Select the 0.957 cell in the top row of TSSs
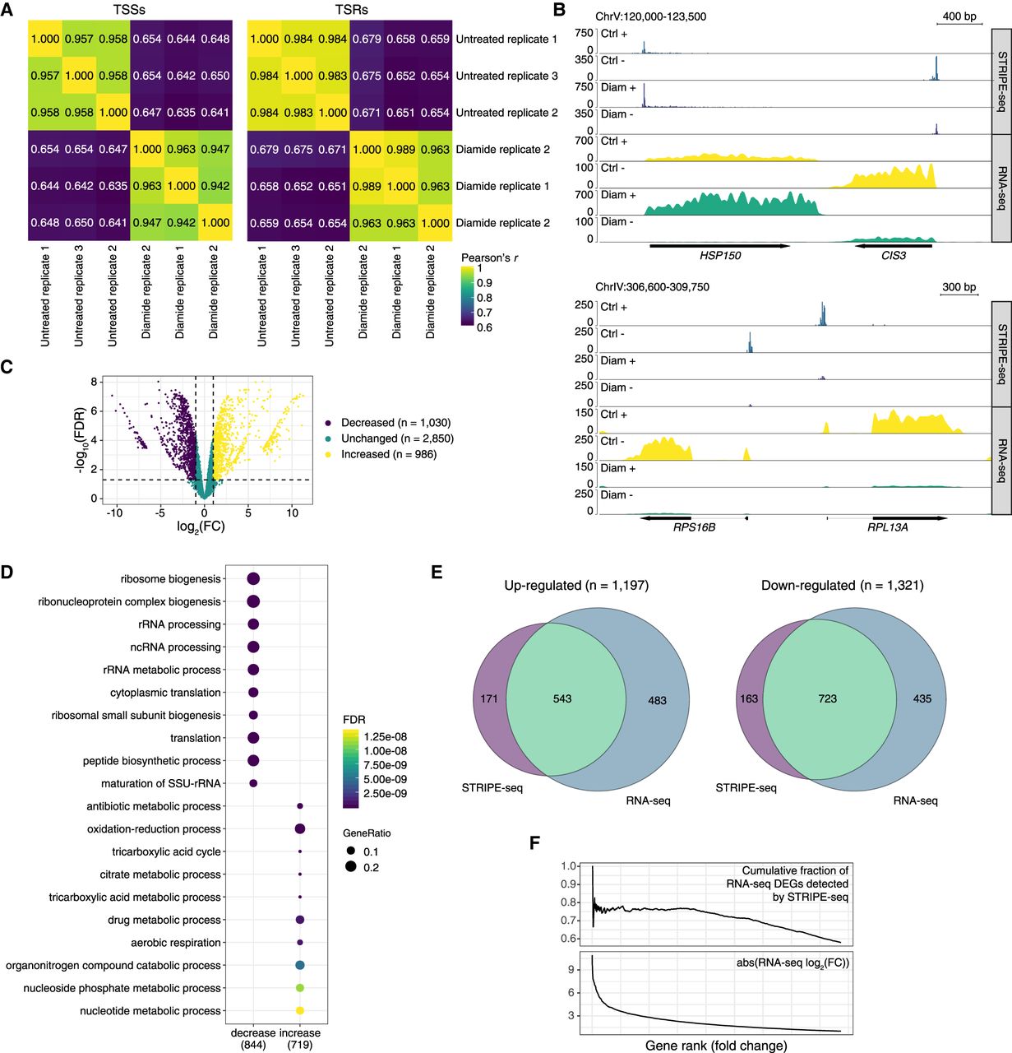[81, 39]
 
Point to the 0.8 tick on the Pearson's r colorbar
[485, 298]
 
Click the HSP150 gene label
[720, 256]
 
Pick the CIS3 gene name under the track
[893, 256]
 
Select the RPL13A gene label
[888, 527]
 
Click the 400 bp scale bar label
[959, 16]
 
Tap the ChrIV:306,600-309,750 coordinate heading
[652, 287]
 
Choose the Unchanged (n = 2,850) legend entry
[397, 438]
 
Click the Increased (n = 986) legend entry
[389, 454]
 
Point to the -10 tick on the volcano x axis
[114, 513]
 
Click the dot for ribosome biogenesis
[253, 579]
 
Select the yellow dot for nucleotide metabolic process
[300, 1010]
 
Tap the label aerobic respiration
[176, 943]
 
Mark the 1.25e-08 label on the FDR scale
[386, 737]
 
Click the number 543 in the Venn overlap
[562, 699]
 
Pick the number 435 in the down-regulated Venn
[922, 699]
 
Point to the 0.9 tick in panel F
[569, 884]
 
